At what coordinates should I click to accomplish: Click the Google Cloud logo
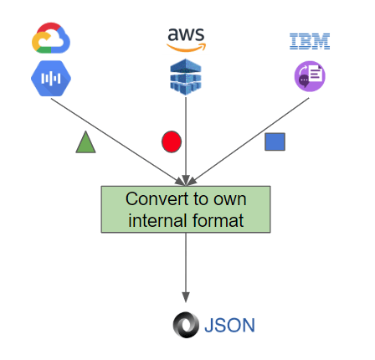(50, 39)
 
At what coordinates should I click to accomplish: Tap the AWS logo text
(185, 34)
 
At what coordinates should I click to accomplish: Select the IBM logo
(309, 40)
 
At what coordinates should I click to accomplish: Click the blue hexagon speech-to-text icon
(51, 78)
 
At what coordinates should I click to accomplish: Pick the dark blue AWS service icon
(185, 77)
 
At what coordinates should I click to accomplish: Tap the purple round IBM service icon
(309, 77)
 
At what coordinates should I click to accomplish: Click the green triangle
(85, 143)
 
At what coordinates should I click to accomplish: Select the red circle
(171, 142)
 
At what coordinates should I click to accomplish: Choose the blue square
(275, 142)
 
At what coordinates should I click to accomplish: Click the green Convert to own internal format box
(186, 209)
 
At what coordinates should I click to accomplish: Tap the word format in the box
(220, 221)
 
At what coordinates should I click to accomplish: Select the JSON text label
(229, 325)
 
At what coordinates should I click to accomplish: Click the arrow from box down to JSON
(186, 268)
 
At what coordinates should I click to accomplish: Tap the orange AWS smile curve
(186, 46)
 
